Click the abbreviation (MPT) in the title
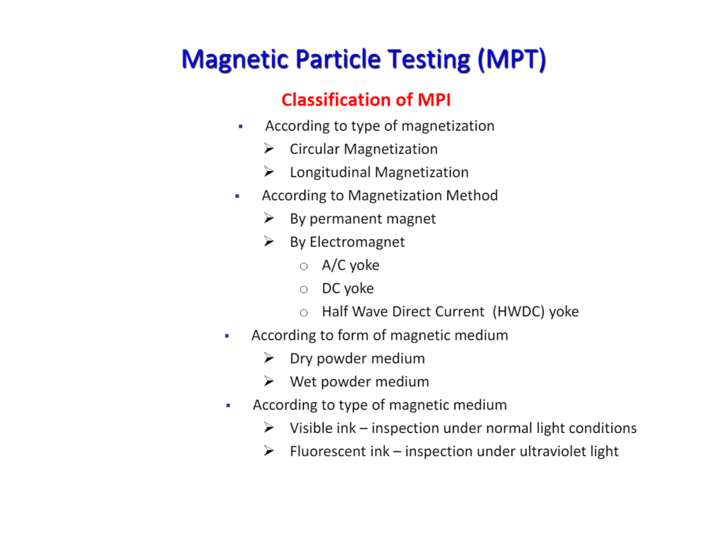pyautogui.click(x=512, y=59)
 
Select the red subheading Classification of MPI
pyautogui.click(x=366, y=100)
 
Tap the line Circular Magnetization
pyautogui.click(x=363, y=149)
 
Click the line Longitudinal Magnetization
pyautogui.click(x=379, y=172)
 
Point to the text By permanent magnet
pyautogui.click(x=363, y=219)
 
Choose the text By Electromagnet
pyautogui.click(x=347, y=242)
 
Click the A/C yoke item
pyautogui.click(x=351, y=265)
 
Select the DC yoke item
pyautogui.click(x=348, y=289)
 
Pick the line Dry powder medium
pyautogui.click(x=357, y=358)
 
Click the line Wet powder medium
pyautogui.click(x=359, y=382)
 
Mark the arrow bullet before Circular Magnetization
pyautogui.click(x=269, y=148)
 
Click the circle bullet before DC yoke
pyautogui.click(x=304, y=290)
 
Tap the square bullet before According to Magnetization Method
pyautogui.click(x=237, y=196)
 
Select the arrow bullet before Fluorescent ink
pyautogui.click(x=269, y=451)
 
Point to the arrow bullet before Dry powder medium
pyautogui.click(x=269, y=358)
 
